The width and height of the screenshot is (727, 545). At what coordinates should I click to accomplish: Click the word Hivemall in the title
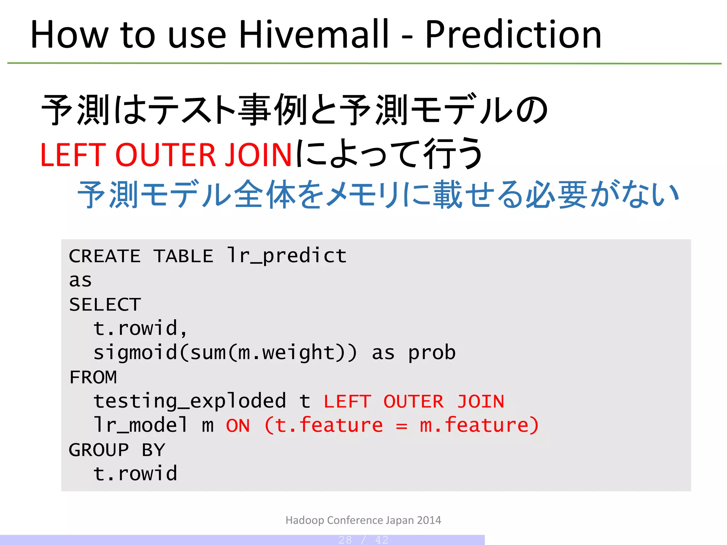314,34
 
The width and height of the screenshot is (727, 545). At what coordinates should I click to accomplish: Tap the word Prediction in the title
513,34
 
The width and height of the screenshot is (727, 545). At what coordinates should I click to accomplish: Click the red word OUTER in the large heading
165,155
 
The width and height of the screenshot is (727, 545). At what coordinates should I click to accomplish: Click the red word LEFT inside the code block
347,402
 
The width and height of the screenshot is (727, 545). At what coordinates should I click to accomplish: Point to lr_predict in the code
287,255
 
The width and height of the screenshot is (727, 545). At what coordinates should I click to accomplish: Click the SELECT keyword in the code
105,304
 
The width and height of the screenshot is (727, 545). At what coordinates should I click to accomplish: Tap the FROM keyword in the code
93,377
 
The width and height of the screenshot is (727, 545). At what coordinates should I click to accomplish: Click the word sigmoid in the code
135,353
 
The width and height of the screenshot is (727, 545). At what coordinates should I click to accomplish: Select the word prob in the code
432,353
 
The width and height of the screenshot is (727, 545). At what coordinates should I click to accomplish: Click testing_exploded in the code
190,402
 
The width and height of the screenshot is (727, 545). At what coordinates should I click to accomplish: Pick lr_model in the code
141,425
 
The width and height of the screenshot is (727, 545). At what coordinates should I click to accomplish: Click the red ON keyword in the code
238,425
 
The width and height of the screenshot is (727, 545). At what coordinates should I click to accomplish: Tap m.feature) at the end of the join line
479,425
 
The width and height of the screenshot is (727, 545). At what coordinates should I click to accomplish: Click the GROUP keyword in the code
99,450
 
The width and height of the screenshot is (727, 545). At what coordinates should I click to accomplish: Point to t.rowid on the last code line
135,474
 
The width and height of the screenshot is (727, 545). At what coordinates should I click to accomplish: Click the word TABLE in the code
184,256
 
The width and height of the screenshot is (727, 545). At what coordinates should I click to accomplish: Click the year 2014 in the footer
429,520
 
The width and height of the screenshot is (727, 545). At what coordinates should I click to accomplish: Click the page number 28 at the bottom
345,540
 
